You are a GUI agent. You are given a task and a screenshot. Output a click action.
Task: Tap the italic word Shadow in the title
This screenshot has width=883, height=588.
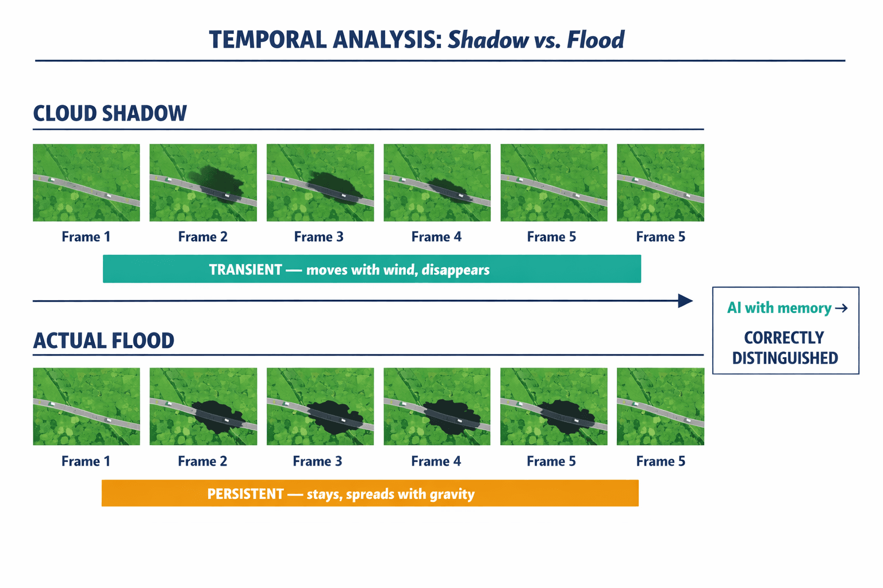coord(488,40)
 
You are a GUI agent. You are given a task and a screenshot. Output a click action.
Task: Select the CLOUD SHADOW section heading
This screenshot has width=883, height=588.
coord(110,113)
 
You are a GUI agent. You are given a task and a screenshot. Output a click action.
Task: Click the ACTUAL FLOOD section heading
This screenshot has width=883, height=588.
coord(103,341)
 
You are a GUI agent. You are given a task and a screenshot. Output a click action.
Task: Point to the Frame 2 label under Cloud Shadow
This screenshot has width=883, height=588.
coord(202,237)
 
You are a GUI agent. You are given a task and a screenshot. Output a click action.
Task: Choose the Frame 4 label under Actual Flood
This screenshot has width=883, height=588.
coord(436,461)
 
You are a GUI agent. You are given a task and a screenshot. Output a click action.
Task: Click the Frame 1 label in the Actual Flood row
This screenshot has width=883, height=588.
coord(86,461)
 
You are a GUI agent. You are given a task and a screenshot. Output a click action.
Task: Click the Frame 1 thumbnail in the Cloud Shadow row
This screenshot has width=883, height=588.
coord(86,183)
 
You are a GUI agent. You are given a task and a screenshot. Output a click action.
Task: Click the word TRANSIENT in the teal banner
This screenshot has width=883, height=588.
coord(245,270)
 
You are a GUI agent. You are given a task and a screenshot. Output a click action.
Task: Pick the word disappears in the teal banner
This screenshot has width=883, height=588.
coord(455,270)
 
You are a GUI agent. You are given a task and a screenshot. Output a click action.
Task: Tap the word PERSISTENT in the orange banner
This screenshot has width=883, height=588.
coord(245,494)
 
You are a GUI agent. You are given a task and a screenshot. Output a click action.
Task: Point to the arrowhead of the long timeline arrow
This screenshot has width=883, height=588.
coord(685,301)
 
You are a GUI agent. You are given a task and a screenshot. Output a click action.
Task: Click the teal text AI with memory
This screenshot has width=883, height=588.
coord(779,308)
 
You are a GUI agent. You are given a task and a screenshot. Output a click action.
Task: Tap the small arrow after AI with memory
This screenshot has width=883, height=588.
coord(841,308)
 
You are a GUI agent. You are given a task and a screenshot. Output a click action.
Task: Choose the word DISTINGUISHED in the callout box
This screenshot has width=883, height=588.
coord(785,358)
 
